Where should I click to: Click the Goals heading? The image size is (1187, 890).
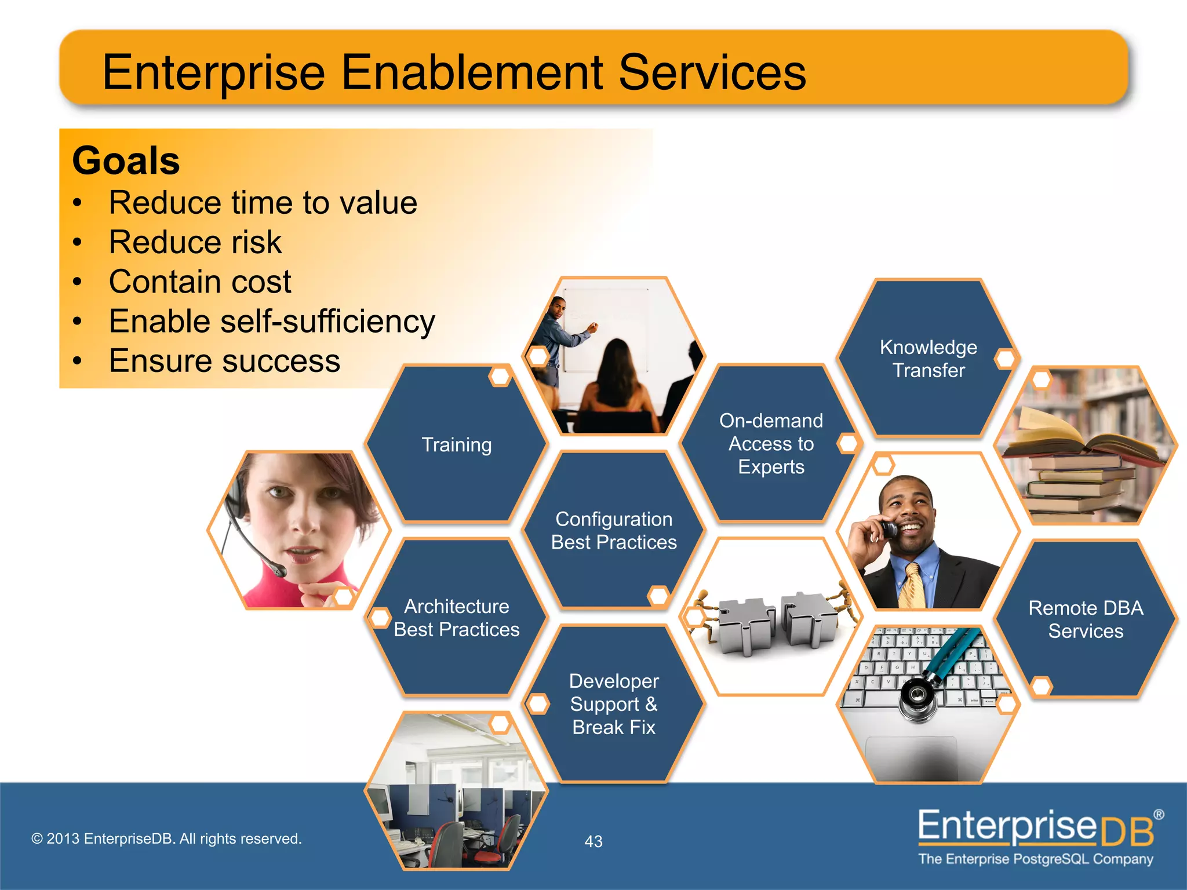[x=126, y=161]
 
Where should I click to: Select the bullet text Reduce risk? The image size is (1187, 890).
[x=195, y=242]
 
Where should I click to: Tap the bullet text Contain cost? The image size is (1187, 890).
[x=200, y=282]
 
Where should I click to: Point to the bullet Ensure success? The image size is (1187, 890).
[x=224, y=360]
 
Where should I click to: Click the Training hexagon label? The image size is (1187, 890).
[x=456, y=444]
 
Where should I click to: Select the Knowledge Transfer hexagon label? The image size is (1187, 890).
[x=928, y=359]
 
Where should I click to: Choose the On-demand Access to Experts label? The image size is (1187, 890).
[x=771, y=444]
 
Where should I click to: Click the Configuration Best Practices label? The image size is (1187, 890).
[x=614, y=530]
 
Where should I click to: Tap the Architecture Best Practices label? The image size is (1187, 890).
[x=456, y=618]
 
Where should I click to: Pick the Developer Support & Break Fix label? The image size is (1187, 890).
[x=614, y=704]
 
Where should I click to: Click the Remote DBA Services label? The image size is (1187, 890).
[x=1085, y=619]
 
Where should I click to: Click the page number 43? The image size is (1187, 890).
[x=593, y=841]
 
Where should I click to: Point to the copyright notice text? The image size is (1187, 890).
[x=166, y=838]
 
